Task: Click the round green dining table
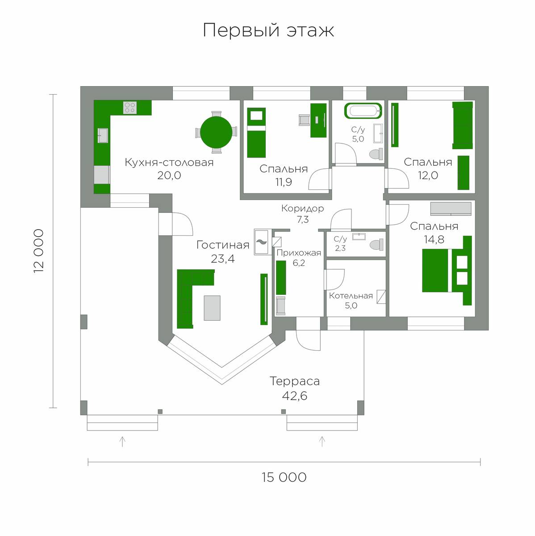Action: click(216, 132)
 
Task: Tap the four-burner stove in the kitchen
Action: click(130, 108)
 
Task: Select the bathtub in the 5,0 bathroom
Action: click(363, 111)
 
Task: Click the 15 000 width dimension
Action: click(284, 477)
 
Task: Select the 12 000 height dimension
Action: click(39, 251)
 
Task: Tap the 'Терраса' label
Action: click(295, 381)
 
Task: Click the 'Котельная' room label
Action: click(351, 296)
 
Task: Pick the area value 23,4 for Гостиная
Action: click(222, 259)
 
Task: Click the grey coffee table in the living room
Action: click(212, 308)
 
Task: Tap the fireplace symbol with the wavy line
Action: click(262, 242)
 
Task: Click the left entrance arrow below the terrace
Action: click(122, 441)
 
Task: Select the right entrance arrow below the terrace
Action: click(322, 441)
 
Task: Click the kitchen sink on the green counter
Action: click(103, 135)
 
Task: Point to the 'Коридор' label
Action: click(302, 208)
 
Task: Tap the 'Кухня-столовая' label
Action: click(169, 162)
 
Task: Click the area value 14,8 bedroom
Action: click(434, 239)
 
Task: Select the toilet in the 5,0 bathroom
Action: click(376, 154)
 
